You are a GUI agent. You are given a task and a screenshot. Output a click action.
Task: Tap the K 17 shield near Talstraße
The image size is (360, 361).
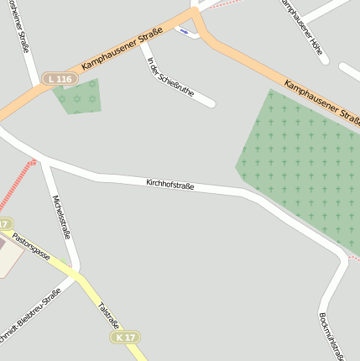pos(125,337)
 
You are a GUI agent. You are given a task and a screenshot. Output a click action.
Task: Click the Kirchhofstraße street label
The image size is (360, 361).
pos(170,184)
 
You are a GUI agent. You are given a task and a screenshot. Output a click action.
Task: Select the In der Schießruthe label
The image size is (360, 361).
pos(170,77)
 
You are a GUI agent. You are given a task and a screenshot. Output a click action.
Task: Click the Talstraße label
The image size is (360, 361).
pos(109,317)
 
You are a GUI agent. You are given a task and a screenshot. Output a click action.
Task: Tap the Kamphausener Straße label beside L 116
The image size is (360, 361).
pos(122,49)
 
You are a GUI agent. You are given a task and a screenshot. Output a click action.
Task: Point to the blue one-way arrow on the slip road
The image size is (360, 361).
pos(183,30)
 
